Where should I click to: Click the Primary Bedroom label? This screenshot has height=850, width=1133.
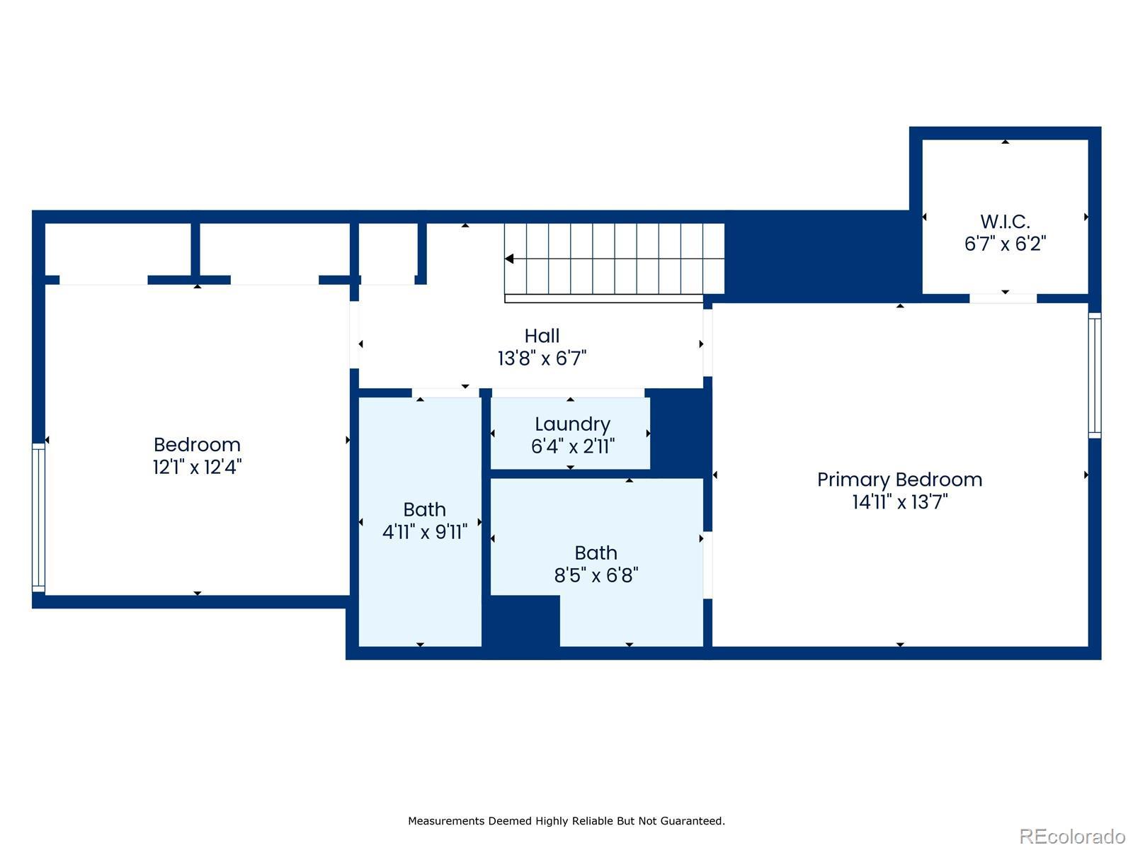point(899,480)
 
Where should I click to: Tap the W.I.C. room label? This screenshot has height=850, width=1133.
point(1004,222)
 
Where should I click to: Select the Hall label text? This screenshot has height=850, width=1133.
point(542,336)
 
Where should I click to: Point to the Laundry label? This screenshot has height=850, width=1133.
point(572,424)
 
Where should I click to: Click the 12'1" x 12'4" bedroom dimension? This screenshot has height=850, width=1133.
point(197,467)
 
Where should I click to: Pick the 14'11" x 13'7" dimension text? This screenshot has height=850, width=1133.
point(900,501)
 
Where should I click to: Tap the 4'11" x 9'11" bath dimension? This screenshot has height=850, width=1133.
point(425,531)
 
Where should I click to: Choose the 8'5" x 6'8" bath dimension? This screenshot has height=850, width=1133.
point(596,575)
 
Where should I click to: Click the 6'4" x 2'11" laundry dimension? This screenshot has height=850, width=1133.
point(572,446)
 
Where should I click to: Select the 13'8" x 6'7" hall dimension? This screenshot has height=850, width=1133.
point(542,358)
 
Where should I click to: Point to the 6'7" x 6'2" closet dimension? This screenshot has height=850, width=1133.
point(1005,244)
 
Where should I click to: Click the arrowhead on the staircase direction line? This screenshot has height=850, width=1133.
point(509,259)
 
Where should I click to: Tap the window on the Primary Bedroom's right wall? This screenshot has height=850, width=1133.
point(1094,375)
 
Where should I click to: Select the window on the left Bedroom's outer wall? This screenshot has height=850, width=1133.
point(39,517)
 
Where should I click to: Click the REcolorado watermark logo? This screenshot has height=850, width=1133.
point(1072,836)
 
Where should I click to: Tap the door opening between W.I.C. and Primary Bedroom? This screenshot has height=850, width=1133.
point(1003,298)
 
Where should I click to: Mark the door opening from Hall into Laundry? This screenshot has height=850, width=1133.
point(568,392)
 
